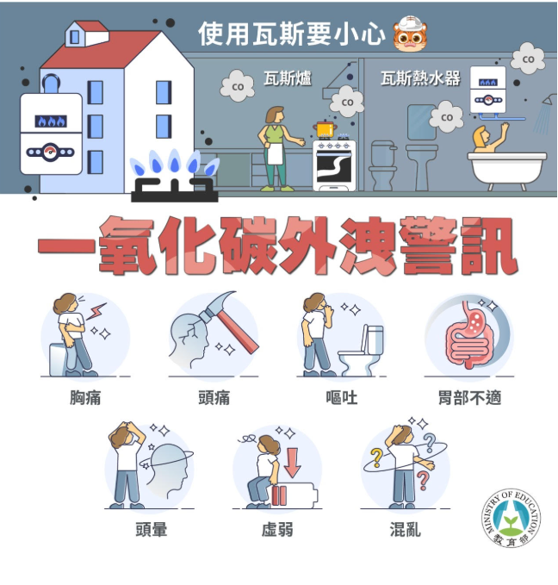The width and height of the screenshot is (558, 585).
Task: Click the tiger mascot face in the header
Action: pos(410,34)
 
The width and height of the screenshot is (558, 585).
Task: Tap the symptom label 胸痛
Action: pos(85,398)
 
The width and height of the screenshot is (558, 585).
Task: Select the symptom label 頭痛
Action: pos(214,398)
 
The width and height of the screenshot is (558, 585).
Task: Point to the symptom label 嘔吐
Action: pos(341,398)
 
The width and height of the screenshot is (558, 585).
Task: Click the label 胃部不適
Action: pos(469,398)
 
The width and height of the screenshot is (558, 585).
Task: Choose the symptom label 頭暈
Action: pos(151,529)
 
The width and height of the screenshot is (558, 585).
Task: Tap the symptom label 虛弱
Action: pos(277,529)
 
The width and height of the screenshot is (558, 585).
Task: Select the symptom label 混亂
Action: pos(406,529)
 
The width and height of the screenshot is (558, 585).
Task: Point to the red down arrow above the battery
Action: pos(293,463)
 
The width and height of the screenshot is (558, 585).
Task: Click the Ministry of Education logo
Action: pos(511,518)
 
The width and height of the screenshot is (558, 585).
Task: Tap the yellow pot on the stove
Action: pos(325,129)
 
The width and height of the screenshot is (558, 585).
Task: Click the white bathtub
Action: pos(507,170)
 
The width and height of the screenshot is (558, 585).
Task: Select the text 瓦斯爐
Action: pos(288,78)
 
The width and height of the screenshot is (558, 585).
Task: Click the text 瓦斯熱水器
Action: pos(420,78)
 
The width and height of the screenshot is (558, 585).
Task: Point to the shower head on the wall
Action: pos(549,100)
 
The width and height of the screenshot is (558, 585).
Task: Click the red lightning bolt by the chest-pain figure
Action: pos(96,312)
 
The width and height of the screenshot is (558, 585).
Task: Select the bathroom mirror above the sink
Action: pos(421,122)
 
